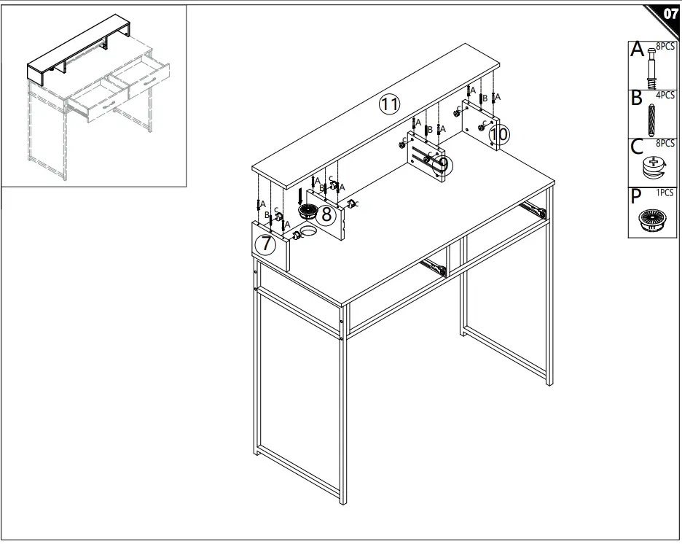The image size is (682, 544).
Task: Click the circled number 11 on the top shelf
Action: click(x=389, y=104)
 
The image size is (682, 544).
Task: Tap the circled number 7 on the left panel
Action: click(x=265, y=244)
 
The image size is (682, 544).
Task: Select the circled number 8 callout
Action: click(x=326, y=214)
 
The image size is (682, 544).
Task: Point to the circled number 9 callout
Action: click(x=442, y=165)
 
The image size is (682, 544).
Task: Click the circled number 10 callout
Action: click(x=499, y=134)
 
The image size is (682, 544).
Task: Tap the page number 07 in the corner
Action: click(x=670, y=14)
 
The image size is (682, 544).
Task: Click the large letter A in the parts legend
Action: click(x=638, y=49)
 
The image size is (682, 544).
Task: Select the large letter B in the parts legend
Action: click(x=636, y=98)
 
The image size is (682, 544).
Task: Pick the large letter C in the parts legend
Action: click(x=637, y=147)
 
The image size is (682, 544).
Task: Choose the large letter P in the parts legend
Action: click(x=635, y=197)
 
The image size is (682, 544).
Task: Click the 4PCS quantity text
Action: click(x=665, y=95)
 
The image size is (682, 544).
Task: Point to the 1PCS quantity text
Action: click(x=665, y=193)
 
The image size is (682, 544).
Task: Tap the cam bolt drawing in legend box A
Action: click(x=651, y=69)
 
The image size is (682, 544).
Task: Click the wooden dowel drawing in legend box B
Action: click(x=651, y=120)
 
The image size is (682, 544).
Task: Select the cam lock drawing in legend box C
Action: click(x=654, y=168)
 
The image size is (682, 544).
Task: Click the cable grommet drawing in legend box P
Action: click(x=651, y=219)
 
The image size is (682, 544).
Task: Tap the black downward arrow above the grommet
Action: click(x=299, y=196)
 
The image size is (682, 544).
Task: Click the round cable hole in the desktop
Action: click(x=309, y=231)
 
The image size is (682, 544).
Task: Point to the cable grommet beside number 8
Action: click(x=308, y=211)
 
